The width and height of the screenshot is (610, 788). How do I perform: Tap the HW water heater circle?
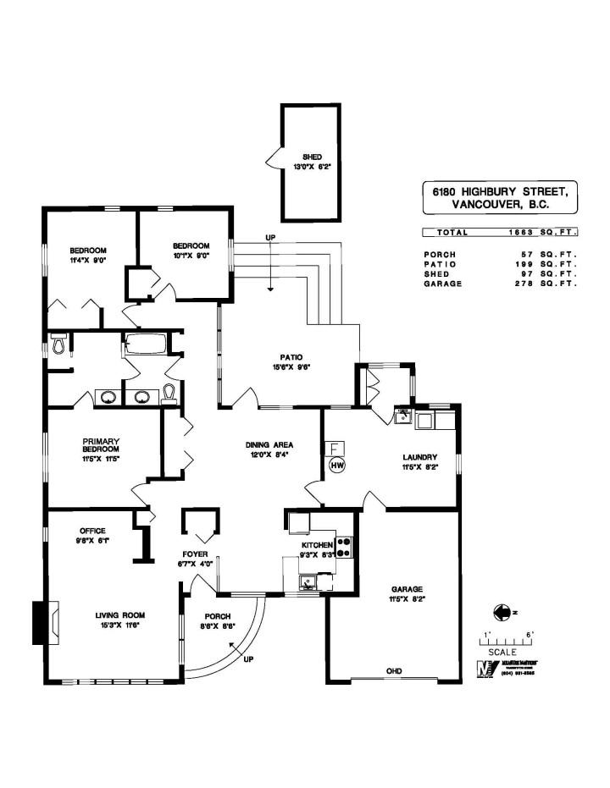tap(336, 466)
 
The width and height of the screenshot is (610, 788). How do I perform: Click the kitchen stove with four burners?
tap(344, 547)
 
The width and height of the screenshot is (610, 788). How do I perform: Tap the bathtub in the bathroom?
tap(147, 344)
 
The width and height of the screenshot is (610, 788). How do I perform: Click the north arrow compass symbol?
tap(502, 610)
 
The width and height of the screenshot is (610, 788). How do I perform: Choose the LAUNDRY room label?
tap(420, 457)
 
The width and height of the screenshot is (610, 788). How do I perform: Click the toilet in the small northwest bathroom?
tap(58, 344)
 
